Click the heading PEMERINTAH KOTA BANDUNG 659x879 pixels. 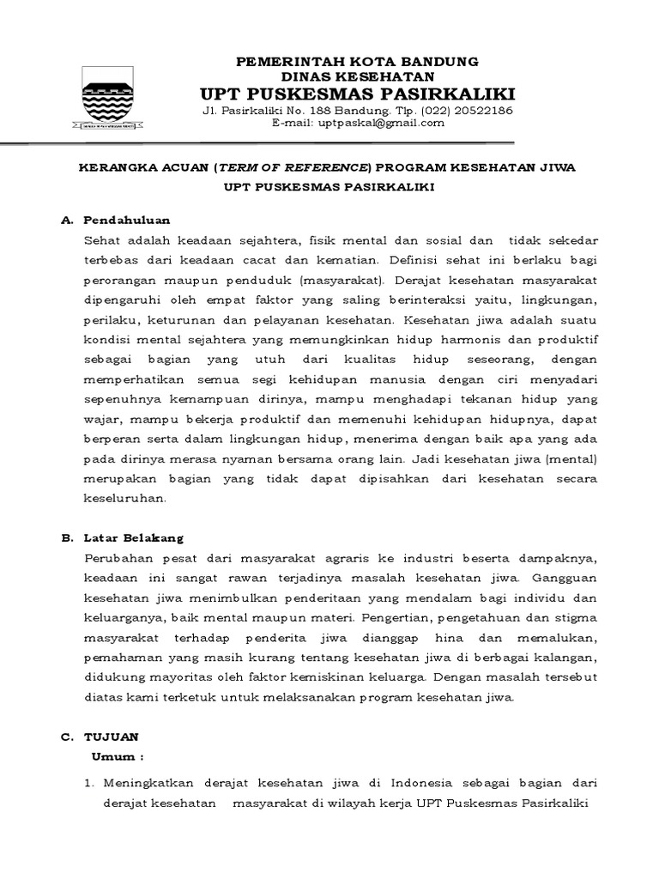click(x=357, y=62)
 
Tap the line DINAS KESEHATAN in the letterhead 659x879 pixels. click(x=357, y=76)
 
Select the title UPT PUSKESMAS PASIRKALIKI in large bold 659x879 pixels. click(x=357, y=94)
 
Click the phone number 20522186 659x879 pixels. click(x=481, y=111)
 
